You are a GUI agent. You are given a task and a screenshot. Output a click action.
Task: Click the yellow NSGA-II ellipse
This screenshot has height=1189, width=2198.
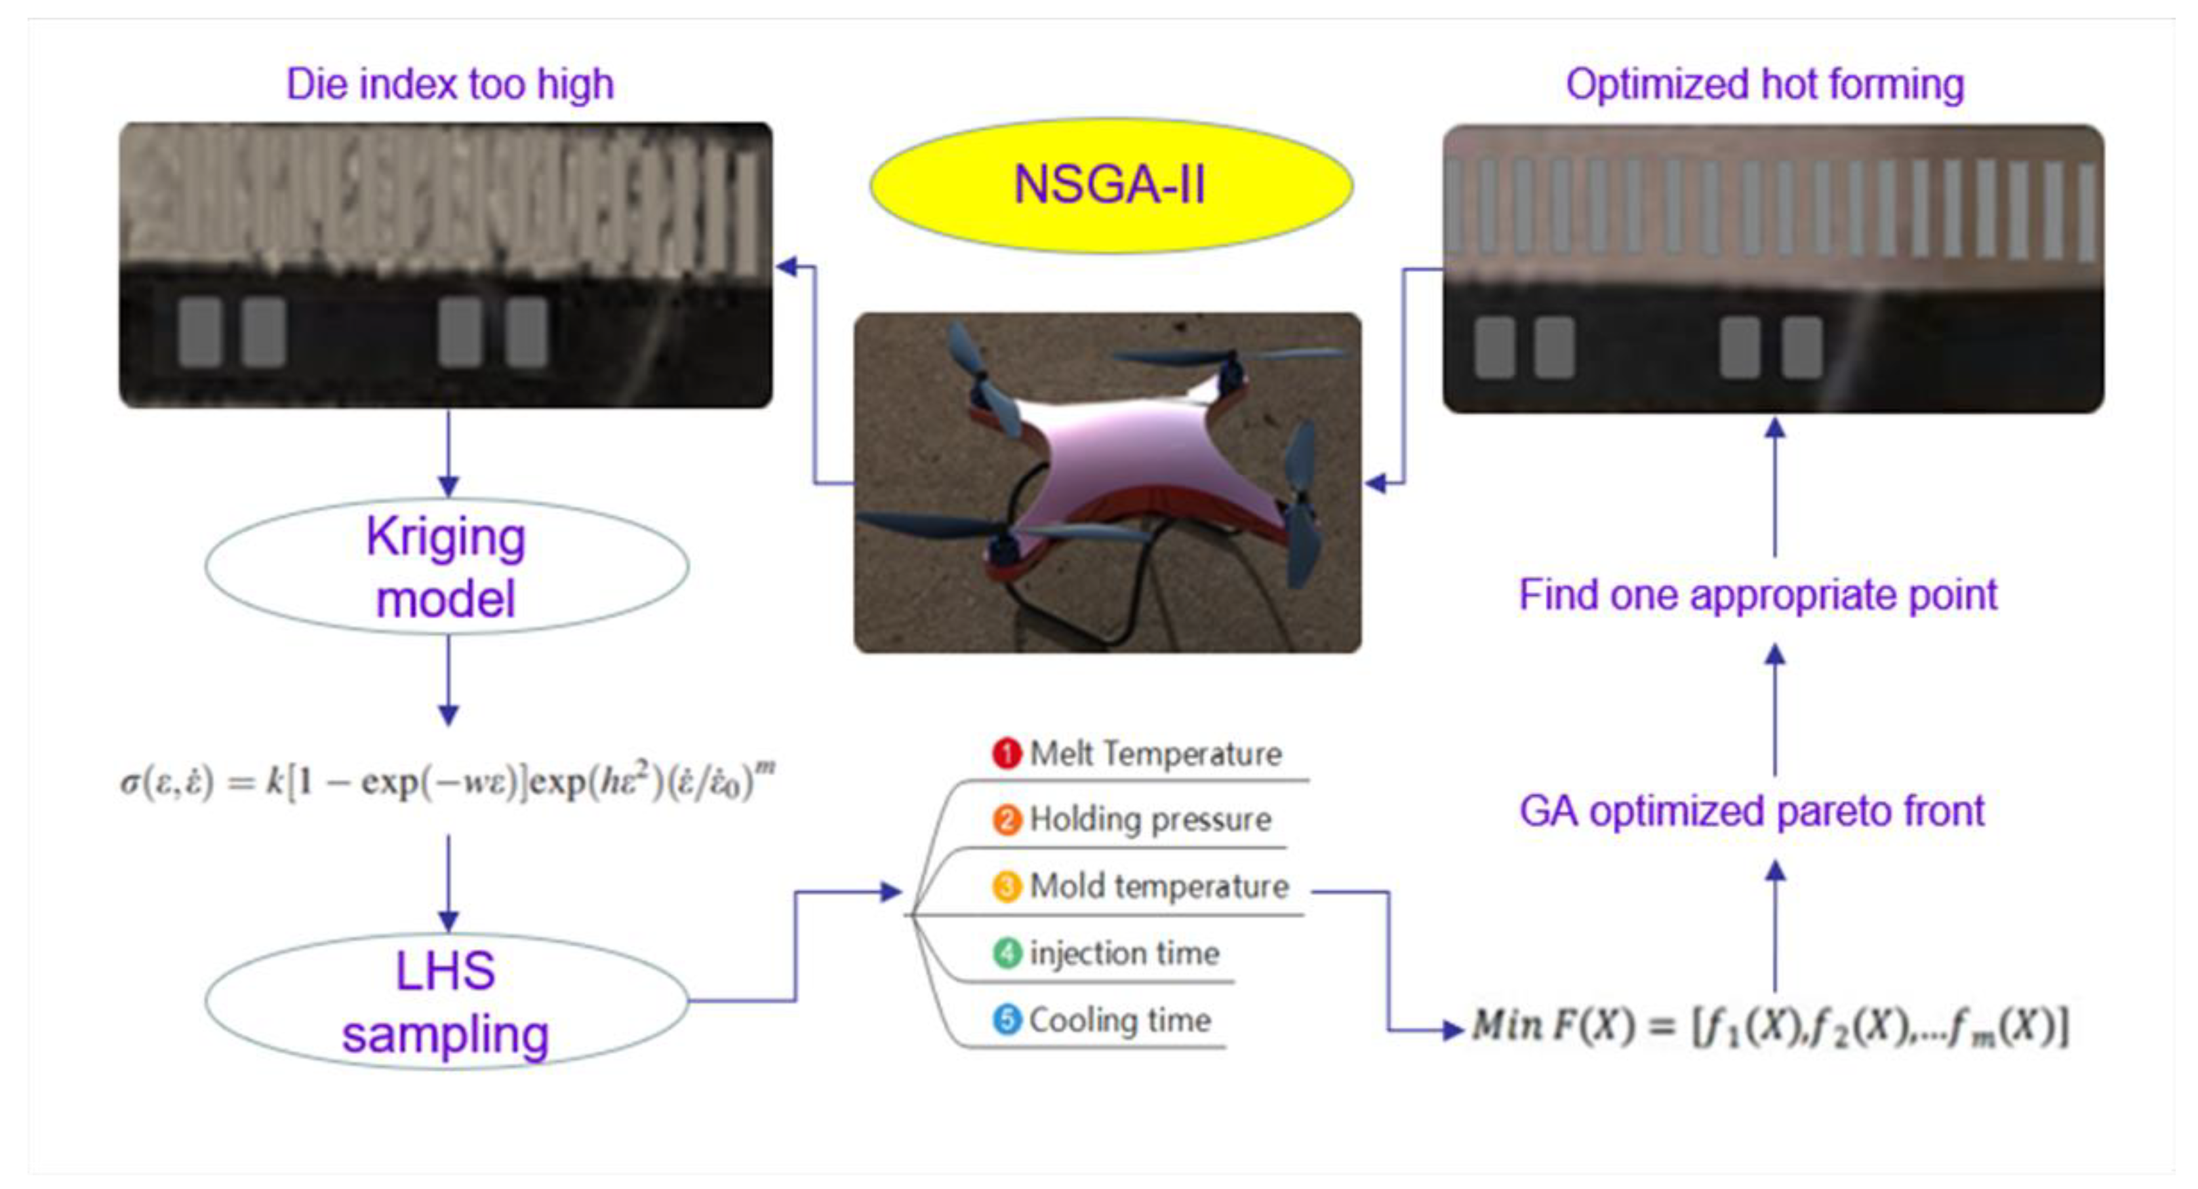pyautogui.click(x=1111, y=185)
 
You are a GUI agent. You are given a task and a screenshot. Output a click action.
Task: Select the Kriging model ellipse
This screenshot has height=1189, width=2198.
pyautogui.click(x=447, y=566)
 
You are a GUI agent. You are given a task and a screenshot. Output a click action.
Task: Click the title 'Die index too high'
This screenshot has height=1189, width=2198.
pyautogui.click(x=450, y=85)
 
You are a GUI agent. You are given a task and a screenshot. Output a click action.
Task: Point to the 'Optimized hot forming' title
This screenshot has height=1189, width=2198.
pyautogui.click(x=1765, y=85)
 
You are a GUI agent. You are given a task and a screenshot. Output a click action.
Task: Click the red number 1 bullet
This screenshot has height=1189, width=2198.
pyautogui.click(x=1007, y=753)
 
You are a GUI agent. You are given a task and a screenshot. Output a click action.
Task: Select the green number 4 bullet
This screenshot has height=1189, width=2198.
pyautogui.click(x=1007, y=953)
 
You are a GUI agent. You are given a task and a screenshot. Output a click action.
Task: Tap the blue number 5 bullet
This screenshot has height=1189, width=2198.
pyautogui.click(x=1007, y=1019)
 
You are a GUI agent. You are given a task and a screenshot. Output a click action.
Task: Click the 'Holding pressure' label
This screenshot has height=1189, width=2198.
pyautogui.click(x=1150, y=820)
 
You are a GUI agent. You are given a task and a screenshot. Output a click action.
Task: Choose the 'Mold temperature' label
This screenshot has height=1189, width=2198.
pyautogui.click(x=1159, y=886)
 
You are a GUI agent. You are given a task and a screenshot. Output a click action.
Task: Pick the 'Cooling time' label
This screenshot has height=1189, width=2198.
pyautogui.click(x=1119, y=1020)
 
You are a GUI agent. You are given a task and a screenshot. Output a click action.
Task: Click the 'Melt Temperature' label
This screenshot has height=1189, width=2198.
pyautogui.click(x=1155, y=754)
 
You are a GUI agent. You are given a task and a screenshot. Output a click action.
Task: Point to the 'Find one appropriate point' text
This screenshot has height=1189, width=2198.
pyautogui.click(x=1758, y=595)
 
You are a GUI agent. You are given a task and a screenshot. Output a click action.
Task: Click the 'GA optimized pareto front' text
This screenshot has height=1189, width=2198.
pyautogui.click(x=1751, y=811)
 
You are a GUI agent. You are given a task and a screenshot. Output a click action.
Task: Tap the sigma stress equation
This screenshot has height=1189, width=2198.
pyautogui.click(x=447, y=781)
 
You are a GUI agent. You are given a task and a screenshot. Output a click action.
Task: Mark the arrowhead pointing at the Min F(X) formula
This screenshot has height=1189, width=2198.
pyautogui.click(x=1452, y=1030)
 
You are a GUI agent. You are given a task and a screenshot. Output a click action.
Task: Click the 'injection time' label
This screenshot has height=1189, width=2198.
pyautogui.click(x=1124, y=954)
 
